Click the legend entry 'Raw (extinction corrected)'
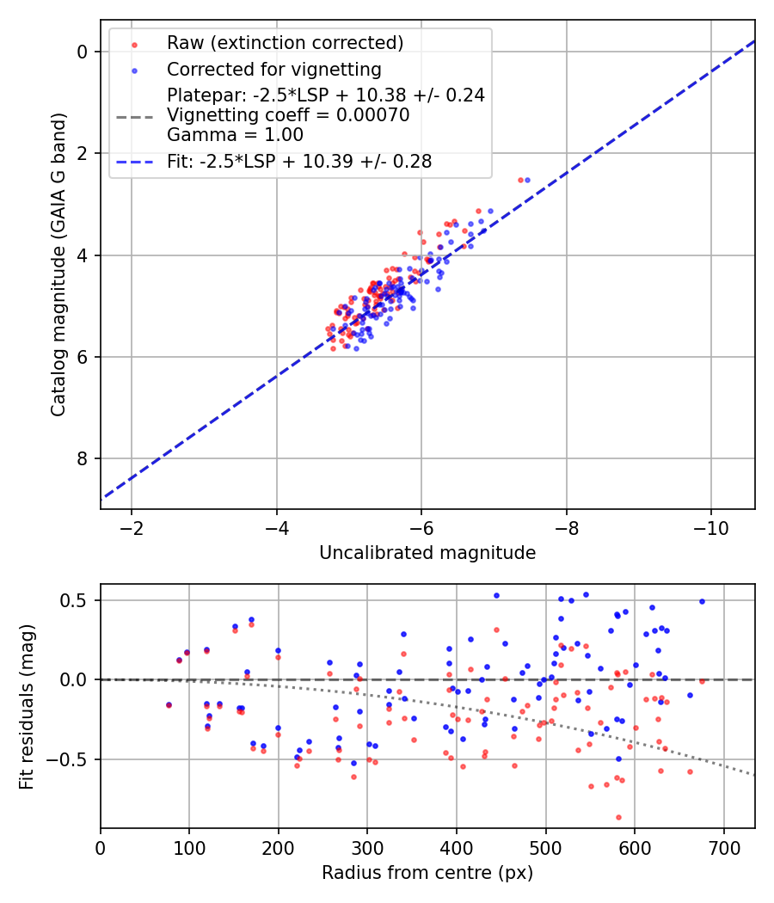click(x=285, y=43)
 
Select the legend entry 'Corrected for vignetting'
click(x=273, y=69)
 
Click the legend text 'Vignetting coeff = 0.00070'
click(x=288, y=115)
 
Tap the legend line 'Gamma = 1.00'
click(x=235, y=134)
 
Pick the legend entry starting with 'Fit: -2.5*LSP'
click(x=299, y=161)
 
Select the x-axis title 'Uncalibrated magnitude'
click(x=427, y=553)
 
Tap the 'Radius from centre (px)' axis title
click(x=427, y=873)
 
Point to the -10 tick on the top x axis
click(x=710, y=525)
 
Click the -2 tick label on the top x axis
click(x=132, y=525)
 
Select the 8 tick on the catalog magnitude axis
click(x=83, y=458)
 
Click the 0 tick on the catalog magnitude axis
click(x=83, y=52)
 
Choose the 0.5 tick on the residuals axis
click(x=77, y=599)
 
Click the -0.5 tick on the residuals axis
click(x=71, y=759)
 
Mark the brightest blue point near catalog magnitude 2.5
click(x=527, y=180)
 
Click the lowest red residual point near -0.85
click(x=618, y=817)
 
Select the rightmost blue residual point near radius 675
click(x=702, y=602)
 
